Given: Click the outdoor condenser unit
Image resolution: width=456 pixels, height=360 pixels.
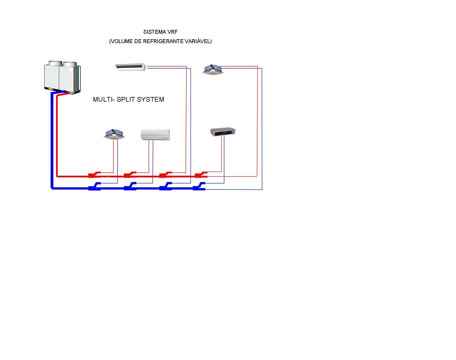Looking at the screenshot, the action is click(x=62, y=77).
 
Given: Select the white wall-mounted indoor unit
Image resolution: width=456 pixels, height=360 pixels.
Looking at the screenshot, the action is click(x=155, y=135).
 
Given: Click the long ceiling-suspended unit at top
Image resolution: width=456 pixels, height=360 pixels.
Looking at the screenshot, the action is click(x=130, y=67).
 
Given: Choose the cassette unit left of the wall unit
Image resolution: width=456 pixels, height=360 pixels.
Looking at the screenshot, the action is click(x=114, y=134).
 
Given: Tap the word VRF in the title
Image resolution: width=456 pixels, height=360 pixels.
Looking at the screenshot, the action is click(x=173, y=32).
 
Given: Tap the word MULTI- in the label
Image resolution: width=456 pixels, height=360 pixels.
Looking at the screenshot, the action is click(x=104, y=99).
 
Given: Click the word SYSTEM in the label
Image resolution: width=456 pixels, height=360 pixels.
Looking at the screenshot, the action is click(x=150, y=99).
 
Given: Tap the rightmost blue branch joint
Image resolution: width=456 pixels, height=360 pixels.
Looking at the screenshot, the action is click(x=199, y=186).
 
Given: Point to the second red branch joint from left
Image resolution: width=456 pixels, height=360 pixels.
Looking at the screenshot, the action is click(x=130, y=175).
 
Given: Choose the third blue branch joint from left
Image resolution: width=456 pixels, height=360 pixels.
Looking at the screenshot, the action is click(x=166, y=186).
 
